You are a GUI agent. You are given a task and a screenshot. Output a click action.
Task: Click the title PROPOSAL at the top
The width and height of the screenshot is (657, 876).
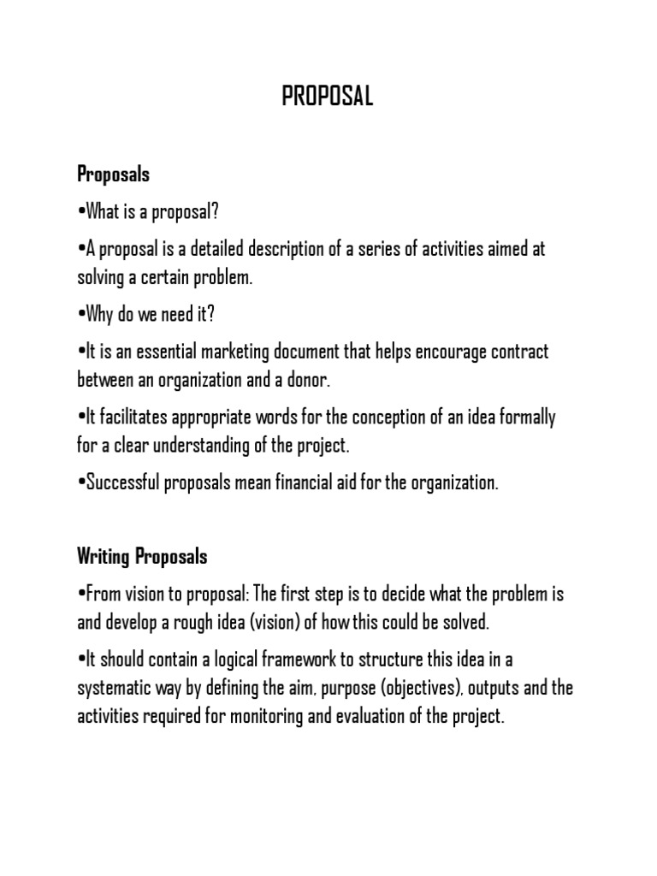[x=328, y=98]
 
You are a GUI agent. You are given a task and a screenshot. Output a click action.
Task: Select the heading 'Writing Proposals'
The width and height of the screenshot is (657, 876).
[x=142, y=557]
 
